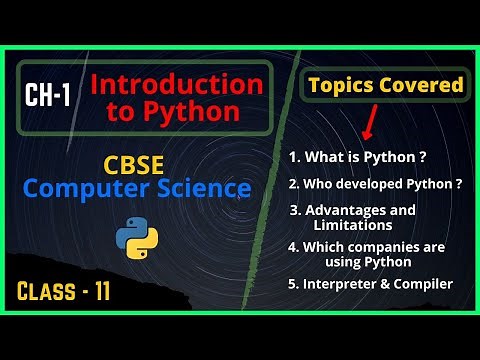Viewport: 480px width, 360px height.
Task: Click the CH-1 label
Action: click(x=50, y=96)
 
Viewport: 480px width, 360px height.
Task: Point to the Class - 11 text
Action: click(x=66, y=291)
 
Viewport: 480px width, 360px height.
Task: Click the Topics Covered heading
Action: click(x=385, y=85)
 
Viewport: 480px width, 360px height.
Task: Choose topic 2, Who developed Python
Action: click(x=375, y=184)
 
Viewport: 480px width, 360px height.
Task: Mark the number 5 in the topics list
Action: click(x=293, y=284)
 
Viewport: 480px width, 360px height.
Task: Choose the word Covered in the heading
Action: click(x=425, y=85)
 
